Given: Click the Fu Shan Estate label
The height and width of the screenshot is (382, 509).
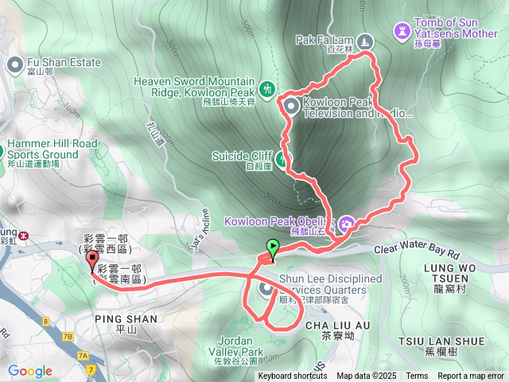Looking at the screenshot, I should [x=64, y=62].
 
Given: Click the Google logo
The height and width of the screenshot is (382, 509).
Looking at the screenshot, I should [x=30, y=371].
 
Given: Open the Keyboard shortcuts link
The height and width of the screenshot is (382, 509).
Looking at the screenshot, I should [x=293, y=376].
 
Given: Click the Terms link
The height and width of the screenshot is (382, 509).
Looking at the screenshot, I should [x=417, y=376].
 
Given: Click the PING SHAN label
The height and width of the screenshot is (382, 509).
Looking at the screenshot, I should [x=125, y=318].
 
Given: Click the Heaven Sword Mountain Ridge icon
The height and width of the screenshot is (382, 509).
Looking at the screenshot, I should [x=266, y=88].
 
